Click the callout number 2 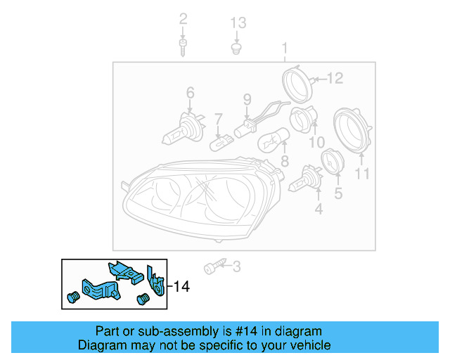point(183,18)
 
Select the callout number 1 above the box point(285,49)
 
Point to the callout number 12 point(334,78)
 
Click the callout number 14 point(181,286)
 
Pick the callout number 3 point(236,266)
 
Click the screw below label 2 point(183,49)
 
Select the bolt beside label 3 point(214,267)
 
